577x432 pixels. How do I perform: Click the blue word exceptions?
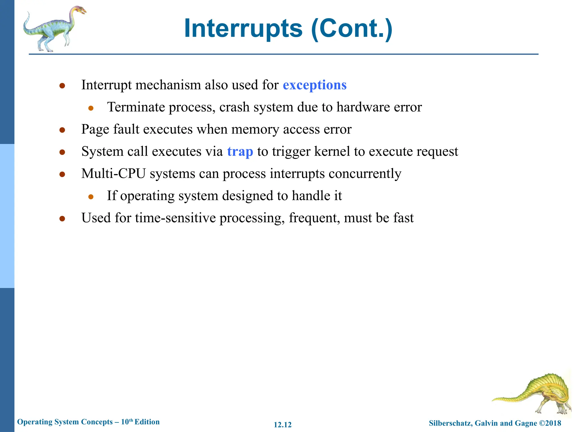tap(314, 85)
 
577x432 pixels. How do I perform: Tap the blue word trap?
tap(240, 152)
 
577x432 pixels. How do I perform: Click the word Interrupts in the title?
tap(243, 28)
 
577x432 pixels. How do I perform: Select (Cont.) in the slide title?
tap(352, 28)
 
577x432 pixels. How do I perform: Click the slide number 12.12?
tap(283, 425)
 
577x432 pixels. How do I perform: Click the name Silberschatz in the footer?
tap(450, 423)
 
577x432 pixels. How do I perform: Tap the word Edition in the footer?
tap(147, 422)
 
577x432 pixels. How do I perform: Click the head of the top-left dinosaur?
tap(80, 11)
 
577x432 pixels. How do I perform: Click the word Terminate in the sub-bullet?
tap(136, 107)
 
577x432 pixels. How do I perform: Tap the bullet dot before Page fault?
tap(62, 130)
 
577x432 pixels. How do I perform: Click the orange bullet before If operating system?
tap(91, 197)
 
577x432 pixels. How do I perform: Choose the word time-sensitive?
tap(175, 218)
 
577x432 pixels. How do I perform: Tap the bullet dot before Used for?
tap(62, 219)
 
